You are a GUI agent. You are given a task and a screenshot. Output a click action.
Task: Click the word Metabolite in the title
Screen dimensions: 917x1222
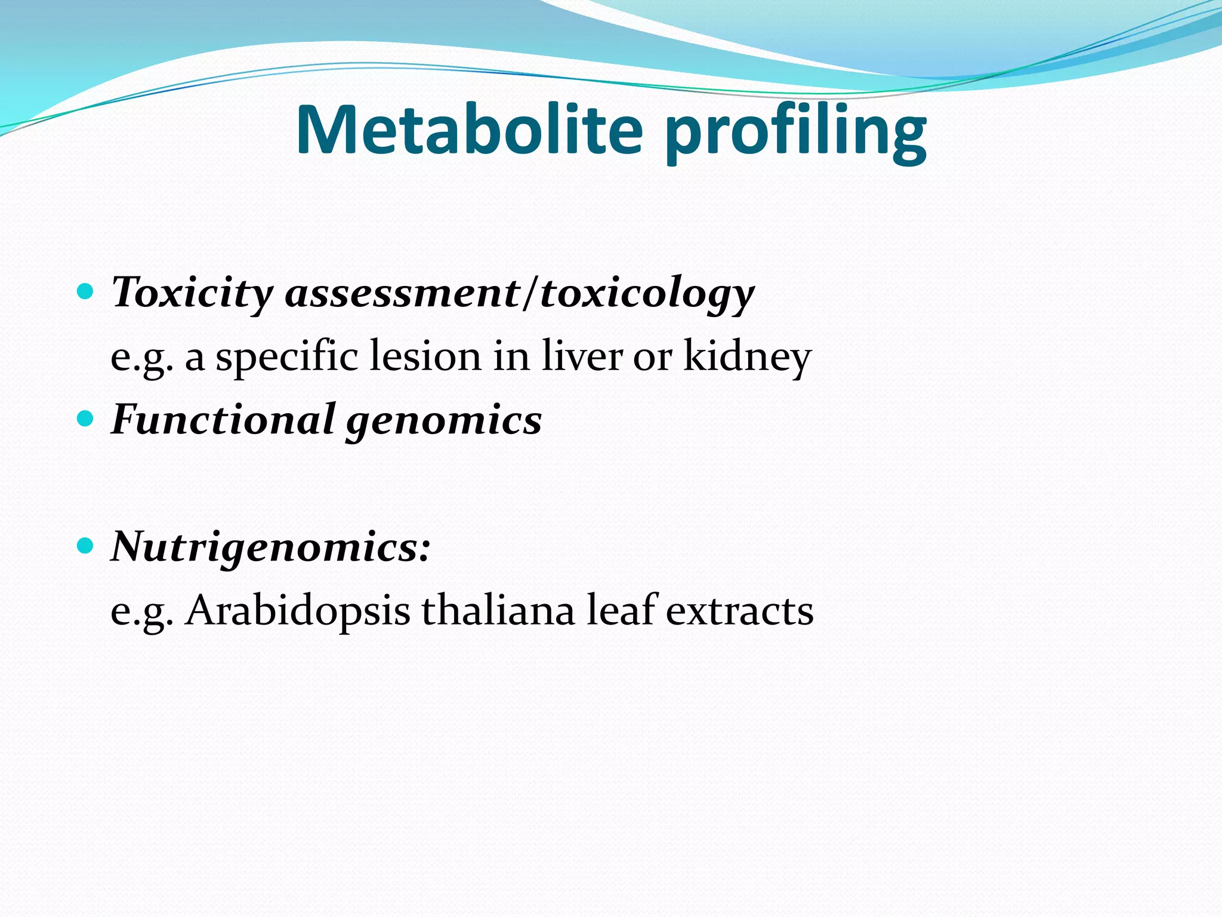(469, 130)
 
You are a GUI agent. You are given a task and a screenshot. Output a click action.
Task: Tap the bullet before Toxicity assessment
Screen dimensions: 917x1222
(86, 292)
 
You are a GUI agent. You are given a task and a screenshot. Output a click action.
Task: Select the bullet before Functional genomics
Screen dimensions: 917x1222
(86, 419)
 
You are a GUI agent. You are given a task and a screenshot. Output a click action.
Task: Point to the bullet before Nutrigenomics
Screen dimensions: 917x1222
(86, 546)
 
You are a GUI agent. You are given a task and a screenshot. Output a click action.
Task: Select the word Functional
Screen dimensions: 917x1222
(223, 420)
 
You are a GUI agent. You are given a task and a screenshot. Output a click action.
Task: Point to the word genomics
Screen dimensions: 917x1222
(444, 421)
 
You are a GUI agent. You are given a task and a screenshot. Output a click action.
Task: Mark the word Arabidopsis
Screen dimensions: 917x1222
(297, 612)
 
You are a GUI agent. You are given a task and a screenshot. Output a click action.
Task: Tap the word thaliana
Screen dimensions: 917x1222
(498, 611)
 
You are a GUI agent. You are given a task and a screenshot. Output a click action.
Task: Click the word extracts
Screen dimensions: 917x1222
(739, 612)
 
